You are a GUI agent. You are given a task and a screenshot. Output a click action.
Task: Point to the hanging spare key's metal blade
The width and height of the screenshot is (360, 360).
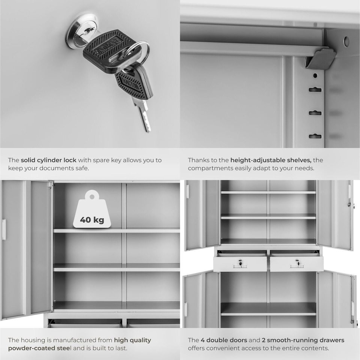coord(142,115)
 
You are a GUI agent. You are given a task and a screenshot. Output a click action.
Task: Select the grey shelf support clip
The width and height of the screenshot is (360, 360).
coord(320,58)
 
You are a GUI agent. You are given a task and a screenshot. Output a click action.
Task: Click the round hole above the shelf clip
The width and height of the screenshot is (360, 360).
coord(346,41)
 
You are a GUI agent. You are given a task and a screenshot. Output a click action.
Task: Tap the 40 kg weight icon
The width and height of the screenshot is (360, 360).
coord(92,209)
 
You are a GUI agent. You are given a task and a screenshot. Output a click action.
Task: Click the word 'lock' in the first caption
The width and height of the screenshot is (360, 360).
coord(70,160)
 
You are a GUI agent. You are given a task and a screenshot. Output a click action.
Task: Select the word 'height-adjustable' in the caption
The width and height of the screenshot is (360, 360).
coord(259,160)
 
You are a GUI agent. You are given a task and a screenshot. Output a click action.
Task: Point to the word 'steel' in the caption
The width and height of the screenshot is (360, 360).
coord(63,348)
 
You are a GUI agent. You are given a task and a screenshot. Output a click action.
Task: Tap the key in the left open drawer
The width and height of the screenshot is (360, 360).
coord(240,263)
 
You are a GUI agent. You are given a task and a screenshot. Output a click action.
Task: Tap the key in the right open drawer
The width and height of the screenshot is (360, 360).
coord(297,263)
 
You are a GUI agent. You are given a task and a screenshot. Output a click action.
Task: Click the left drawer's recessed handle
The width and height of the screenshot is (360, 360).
coord(240,266)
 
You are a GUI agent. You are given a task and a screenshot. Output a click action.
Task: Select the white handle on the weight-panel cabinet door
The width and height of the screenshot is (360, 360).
coord(4,229)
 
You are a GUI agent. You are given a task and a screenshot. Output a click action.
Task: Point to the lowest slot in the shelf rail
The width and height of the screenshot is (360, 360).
coord(315,136)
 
